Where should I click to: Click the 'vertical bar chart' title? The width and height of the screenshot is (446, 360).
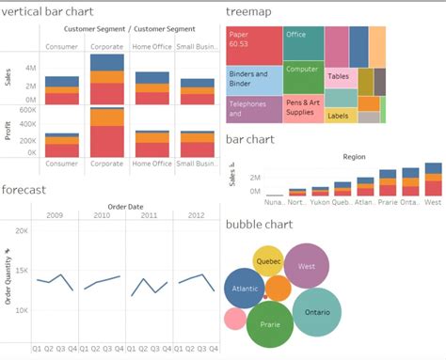pyautogui.click(x=56, y=12)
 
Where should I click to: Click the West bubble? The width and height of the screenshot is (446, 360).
pyautogui.click(x=306, y=266)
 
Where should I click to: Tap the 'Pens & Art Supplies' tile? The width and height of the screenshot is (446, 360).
pyautogui.click(x=303, y=107)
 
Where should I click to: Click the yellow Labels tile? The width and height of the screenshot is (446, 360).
pyautogui.click(x=339, y=116)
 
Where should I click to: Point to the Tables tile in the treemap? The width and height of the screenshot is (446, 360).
pyautogui.click(x=341, y=76)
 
